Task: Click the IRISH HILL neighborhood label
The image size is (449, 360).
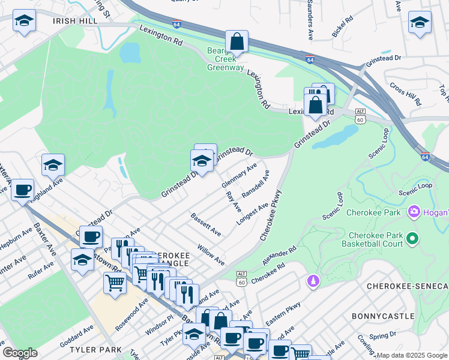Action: coord(74,20)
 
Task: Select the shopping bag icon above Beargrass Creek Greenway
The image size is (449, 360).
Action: coord(237,42)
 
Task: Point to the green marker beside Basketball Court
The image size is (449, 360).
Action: coord(412,239)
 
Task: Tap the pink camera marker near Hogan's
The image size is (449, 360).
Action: coord(414,212)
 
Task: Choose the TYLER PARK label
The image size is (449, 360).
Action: coord(91,349)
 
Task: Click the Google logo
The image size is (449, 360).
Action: coord(20,353)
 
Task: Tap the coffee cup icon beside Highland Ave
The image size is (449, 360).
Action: coord(23,190)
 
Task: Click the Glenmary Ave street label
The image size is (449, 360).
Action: coord(239,174)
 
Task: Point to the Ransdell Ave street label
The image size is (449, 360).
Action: coord(255,185)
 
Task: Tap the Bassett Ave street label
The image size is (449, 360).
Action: coord(205,224)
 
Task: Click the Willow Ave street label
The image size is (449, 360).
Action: coord(211,254)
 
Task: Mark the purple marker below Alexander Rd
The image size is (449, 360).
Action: coord(311,281)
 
